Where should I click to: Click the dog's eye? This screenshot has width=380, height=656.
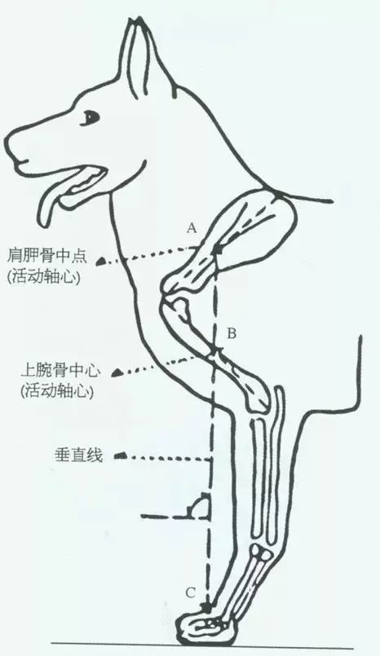pos(91,117)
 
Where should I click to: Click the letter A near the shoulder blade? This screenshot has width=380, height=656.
pos(192,228)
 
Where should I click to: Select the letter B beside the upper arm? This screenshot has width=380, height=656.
pos(232,333)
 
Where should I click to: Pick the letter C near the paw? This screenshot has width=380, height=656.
pos(191,592)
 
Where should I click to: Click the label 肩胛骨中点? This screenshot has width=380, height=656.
pos(46,256)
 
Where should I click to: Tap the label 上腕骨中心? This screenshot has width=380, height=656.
pos(60,371)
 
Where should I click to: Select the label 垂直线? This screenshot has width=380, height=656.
pos(78,456)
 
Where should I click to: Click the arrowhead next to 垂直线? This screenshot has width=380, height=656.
pos(121,456)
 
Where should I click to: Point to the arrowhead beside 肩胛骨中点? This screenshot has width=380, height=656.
pos(102,262)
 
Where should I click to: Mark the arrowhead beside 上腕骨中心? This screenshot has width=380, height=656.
pos(118,372)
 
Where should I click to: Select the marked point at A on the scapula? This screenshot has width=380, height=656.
pos(217,251)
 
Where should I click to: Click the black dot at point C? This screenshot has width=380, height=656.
pos(205,606)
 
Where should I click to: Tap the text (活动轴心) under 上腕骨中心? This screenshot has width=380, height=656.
pos(56,391)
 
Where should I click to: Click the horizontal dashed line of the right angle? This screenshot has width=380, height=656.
pos(175,517)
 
